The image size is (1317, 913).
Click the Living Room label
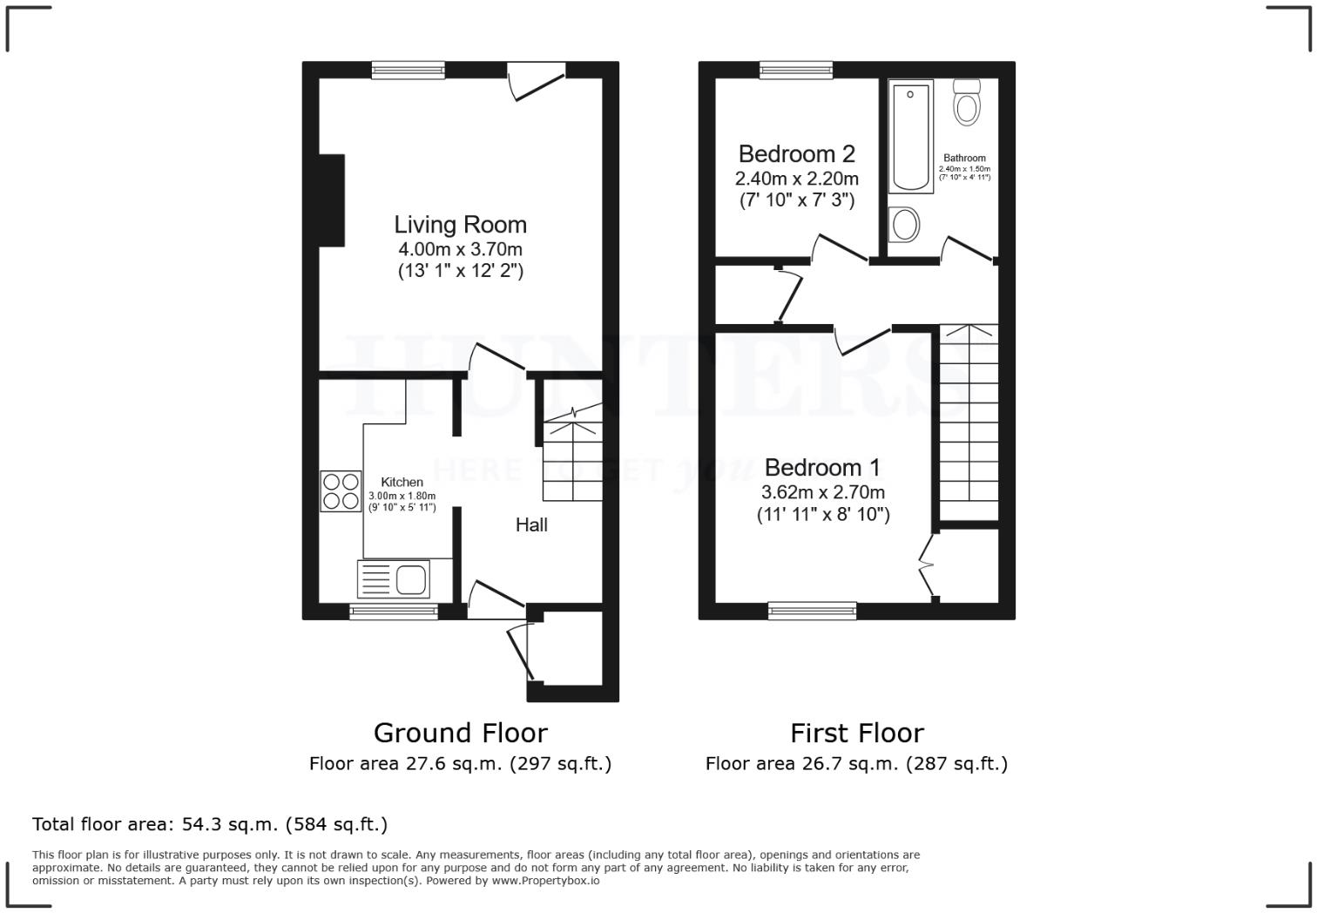point(460,225)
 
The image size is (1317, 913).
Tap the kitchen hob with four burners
point(341,490)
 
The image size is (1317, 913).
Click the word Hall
point(531,524)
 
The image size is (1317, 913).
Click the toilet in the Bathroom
point(966,102)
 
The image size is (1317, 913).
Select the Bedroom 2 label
point(796,154)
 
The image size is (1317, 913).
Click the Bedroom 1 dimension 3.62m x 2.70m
point(822,492)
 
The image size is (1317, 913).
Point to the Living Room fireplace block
point(331,200)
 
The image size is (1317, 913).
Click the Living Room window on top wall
point(408,71)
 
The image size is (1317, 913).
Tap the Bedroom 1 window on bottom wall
point(812,612)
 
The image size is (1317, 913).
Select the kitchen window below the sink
point(394,612)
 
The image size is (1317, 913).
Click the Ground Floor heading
point(460,733)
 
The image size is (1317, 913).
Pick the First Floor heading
point(856,733)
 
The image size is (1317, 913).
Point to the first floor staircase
point(968,423)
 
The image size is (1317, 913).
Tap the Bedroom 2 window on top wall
point(795,71)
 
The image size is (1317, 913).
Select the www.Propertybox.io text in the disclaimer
point(545,881)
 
